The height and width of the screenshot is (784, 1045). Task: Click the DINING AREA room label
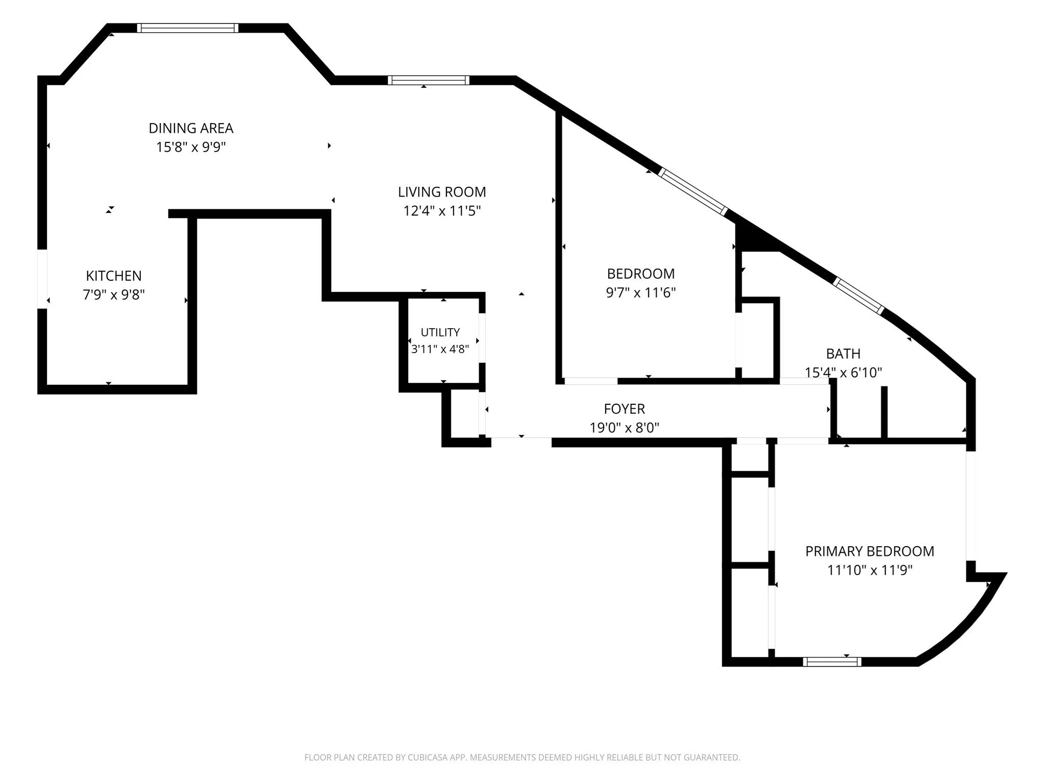pyautogui.click(x=191, y=128)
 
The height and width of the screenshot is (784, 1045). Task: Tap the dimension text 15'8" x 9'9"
pyautogui.click(x=191, y=147)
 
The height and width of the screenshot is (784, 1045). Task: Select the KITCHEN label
pyautogui.click(x=114, y=276)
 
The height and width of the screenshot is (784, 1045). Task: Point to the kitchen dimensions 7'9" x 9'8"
pyautogui.click(x=114, y=295)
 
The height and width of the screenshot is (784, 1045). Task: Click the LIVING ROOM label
pyautogui.click(x=442, y=192)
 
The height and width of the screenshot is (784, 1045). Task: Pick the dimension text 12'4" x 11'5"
pyautogui.click(x=442, y=211)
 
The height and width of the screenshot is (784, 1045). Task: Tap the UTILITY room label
pyautogui.click(x=440, y=332)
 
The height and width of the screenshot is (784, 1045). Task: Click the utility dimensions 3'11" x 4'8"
pyautogui.click(x=440, y=349)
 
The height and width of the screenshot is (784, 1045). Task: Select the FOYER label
pyautogui.click(x=624, y=409)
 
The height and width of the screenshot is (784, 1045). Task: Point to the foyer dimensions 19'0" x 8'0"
pyautogui.click(x=624, y=428)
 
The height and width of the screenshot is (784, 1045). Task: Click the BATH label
pyautogui.click(x=843, y=354)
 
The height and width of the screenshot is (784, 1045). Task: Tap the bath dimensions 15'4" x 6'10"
pyautogui.click(x=843, y=373)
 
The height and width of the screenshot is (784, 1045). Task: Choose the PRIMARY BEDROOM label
pyautogui.click(x=869, y=551)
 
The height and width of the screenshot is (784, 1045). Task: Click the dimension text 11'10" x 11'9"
pyautogui.click(x=869, y=570)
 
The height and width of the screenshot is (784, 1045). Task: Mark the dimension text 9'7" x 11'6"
pyautogui.click(x=641, y=292)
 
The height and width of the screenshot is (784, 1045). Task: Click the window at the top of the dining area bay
pyautogui.click(x=188, y=28)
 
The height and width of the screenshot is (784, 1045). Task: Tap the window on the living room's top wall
pyautogui.click(x=428, y=80)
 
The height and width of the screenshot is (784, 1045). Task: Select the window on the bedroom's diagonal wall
pyautogui.click(x=692, y=191)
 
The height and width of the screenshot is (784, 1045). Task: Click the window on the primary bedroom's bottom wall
pyautogui.click(x=832, y=662)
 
